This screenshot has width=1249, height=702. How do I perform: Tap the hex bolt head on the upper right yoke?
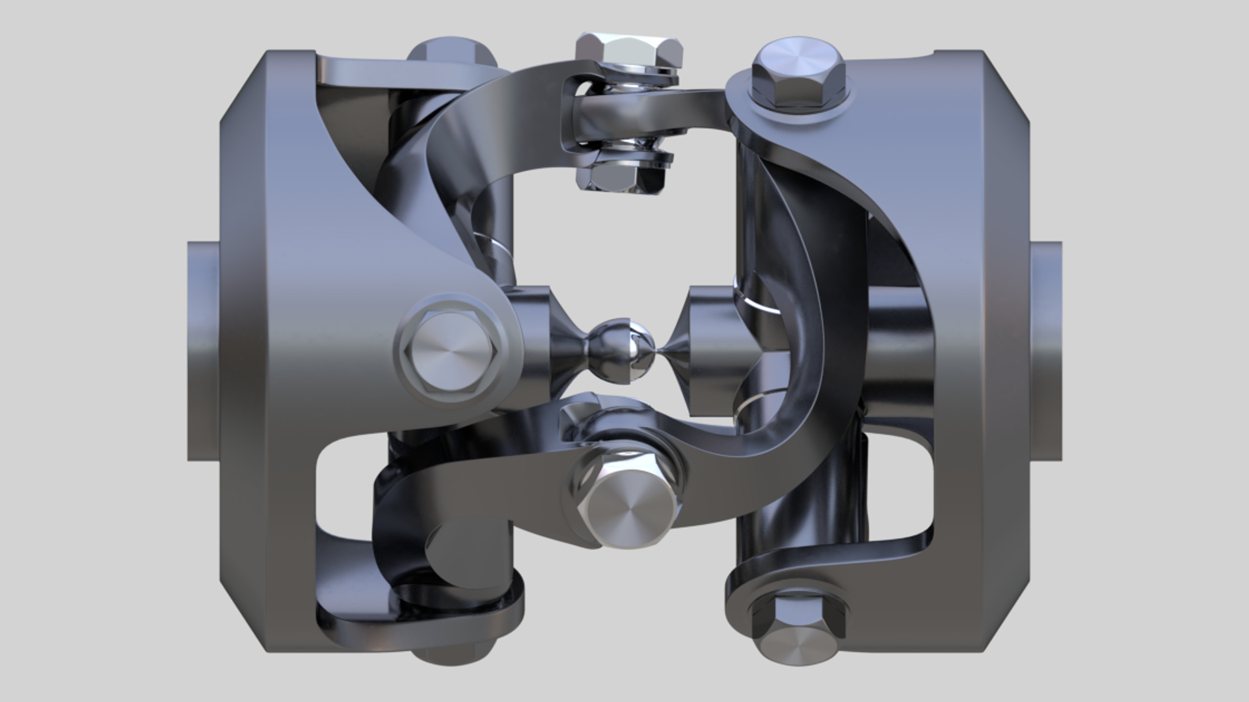coord(798,73)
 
